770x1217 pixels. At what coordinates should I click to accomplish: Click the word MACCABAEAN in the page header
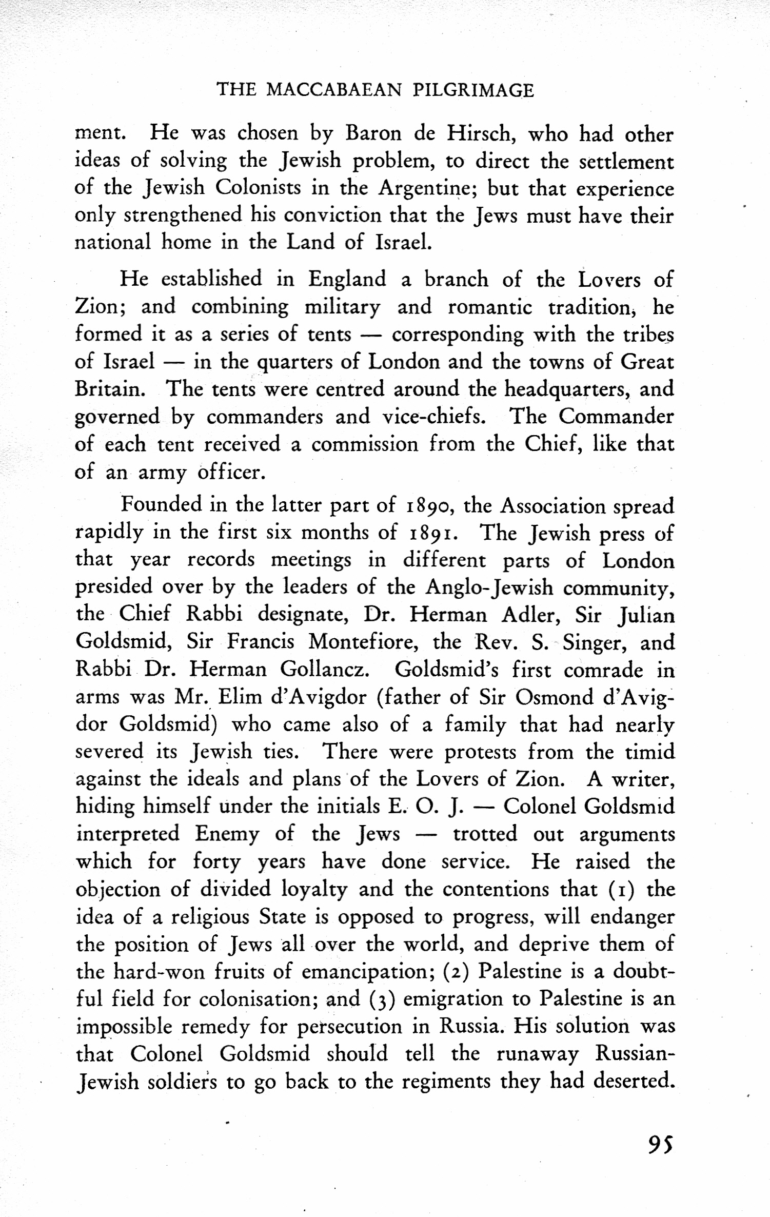click(x=334, y=90)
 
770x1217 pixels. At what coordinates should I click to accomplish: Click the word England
click(x=347, y=280)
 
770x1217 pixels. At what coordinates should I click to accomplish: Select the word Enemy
click(x=227, y=834)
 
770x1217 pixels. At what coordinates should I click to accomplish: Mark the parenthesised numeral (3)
click(x=381, y=999)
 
